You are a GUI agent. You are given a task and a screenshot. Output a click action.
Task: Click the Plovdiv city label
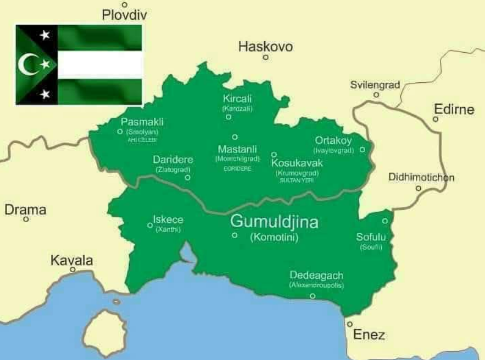[x=125, y=15]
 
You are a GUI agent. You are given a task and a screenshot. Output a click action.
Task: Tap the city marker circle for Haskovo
[x=266, y=57]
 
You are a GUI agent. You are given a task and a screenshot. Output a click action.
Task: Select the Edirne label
[x=454, y=109]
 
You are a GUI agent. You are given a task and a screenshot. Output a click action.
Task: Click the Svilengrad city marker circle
[x=376, y=95]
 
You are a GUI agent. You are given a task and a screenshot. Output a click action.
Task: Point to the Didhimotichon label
[x=421, y=177]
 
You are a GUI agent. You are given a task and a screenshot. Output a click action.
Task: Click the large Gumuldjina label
[x=274, y=222]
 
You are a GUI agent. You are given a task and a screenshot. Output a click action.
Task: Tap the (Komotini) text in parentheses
[x=274, y=238]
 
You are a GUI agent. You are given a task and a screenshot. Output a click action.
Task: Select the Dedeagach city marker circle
[x=313, y=296]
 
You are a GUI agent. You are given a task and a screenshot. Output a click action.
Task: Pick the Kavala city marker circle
[x=73, y=269]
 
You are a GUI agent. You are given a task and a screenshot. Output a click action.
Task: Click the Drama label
[x=25, y=210]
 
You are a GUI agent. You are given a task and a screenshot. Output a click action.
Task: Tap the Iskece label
[x=168, y=220]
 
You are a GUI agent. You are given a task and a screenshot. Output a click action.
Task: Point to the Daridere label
[x=173, y=160]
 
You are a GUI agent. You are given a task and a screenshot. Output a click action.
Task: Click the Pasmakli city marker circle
[x=120, y=132]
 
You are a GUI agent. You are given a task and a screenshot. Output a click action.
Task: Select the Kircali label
[x=237, y=99]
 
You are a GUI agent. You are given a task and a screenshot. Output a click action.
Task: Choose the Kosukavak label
[x=297, y=163]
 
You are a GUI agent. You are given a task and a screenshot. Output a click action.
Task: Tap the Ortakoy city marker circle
[x=362, y=149]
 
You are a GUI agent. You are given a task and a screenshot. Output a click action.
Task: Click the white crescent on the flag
[x=27, y=64]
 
